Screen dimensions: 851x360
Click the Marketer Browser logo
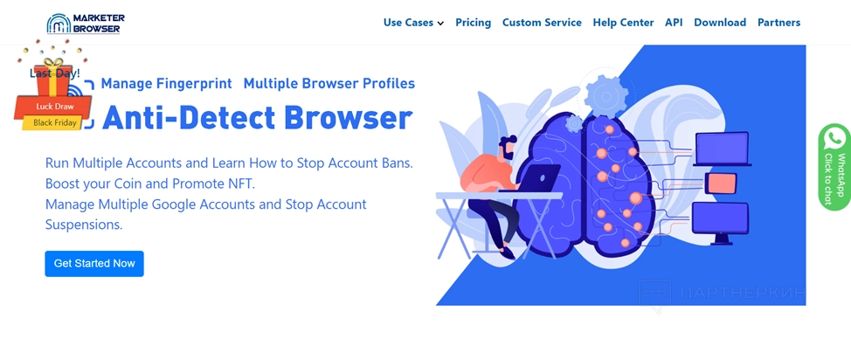click(x=86, y=24)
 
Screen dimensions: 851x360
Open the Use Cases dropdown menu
click(x=413, y=23)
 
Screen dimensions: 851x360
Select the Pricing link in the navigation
click(x=474, y=23)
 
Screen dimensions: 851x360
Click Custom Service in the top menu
click(x=542, y=23)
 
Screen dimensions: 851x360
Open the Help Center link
click(x=623, y=23)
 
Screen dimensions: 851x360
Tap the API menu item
click(x=674, y=23)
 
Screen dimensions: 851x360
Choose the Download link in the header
click(x=720, y=23)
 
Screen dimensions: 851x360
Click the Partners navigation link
click(x=778, y=23)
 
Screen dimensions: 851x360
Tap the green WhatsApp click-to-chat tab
click(x=834, y=167)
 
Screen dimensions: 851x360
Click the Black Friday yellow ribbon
click(x=54, y=122)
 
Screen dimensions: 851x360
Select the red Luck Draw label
click(x=54, y=107)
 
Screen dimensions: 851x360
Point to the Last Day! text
click(x=55, y=73)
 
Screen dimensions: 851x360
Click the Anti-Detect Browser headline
click(x=257, y=118)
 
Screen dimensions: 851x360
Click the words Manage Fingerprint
click(x=167, y=84)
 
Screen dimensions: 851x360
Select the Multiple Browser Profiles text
click(x=329, y=84)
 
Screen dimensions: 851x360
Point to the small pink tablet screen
click(x=722, y=183)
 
